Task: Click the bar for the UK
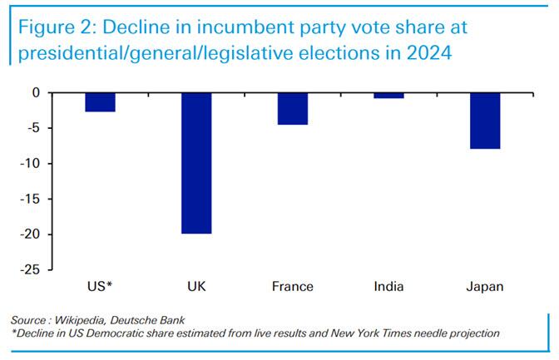(x=195, y=163)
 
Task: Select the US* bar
(x=100, y=102)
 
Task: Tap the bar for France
(x=292, y=109)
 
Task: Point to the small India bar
(x=388, y=96)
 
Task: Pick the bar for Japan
(x=485, y=121)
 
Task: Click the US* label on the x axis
(x=100, y=287)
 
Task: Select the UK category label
(x=196, y=287)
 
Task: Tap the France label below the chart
(x=292, y=287)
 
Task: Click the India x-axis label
(x=388, y=287)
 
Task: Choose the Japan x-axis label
(x=485, y=287)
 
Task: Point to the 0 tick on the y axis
(x=36, y=92)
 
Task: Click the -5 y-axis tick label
(x=33, y=128)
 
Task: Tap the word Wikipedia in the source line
(x=88, y=320)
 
